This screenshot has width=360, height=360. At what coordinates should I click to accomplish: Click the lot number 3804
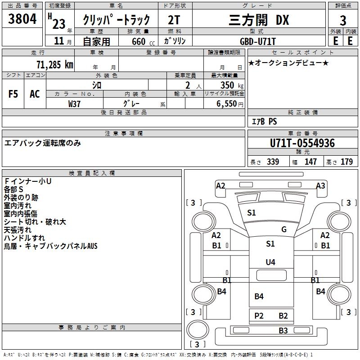tap(22, 19)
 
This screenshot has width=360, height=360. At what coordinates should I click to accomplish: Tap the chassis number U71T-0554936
tap(302, 144)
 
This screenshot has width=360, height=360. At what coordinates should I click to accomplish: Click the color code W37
tap(75, 103)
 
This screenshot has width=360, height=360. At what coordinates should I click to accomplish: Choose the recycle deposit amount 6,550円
tap(229, 103)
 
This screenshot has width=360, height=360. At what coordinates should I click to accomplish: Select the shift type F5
tap(13, 94)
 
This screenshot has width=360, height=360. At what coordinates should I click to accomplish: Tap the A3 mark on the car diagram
tap(320, 186)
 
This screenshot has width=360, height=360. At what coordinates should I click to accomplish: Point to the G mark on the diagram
tap(284, 229)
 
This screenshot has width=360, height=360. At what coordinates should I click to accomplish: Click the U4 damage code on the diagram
tap(270, 262)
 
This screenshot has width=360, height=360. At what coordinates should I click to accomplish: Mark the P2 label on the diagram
tap(259, 316)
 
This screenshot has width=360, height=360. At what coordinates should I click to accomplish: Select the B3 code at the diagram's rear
tap(283, 331)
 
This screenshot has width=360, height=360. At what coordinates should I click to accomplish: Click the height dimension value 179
tap(346, 162)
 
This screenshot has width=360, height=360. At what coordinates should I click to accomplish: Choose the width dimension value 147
tap(310, 162)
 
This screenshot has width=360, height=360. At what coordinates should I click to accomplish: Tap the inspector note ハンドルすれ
tap(24, 238)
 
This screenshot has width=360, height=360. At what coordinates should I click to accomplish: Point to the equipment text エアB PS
tap(264, 121)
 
